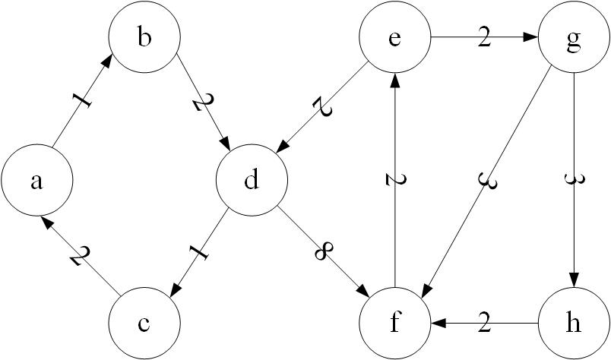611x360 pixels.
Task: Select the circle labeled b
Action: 144,39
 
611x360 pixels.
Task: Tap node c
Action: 144,324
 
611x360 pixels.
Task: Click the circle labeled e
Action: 394,39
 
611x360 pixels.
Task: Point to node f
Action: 394,324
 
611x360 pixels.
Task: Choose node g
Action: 575,39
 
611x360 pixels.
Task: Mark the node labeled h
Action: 575,324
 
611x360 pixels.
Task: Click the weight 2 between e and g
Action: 484,39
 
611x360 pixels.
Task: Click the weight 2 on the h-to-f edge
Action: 484,324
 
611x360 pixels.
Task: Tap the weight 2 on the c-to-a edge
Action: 76,255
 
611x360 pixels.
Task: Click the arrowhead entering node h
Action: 575,280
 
